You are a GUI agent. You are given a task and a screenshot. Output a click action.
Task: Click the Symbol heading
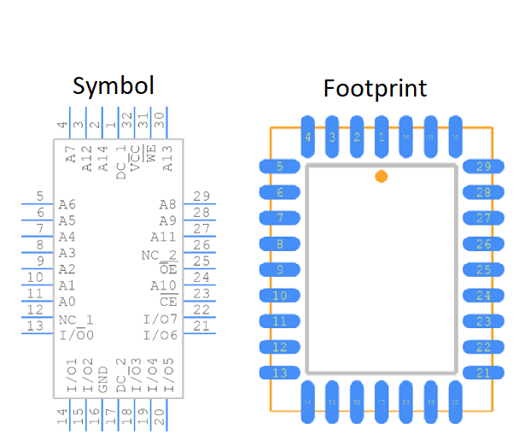click(x=114, y=85)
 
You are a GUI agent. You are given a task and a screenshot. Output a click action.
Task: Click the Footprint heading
click(x=375, y=89)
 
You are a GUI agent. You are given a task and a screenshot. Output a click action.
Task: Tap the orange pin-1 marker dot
click(x=382, y=176)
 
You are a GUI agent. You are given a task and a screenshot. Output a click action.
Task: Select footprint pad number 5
click(x=280, y=167)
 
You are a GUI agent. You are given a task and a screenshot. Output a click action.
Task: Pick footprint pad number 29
click(x=483, y=167)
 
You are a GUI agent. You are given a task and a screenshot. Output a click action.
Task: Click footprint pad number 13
click(x=280, y=373)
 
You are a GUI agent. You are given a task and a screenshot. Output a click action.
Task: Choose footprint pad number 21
click(x=483, y=373)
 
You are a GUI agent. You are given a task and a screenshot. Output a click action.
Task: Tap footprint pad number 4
click(x=308, y=137)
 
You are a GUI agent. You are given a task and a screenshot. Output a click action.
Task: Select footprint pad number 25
click(x=483, y=270)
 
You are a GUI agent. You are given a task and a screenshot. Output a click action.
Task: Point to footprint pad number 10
click(x=280, y=296)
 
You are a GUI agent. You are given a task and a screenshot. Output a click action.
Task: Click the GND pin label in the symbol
click(x=103, y=378)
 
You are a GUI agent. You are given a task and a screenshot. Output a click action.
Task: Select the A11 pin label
click(x=163, y=237)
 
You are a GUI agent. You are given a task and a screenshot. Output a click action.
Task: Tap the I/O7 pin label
click(x=160, y=319)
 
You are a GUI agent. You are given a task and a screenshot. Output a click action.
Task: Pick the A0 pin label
click(x=67, y=302)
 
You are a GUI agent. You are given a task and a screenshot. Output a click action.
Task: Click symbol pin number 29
click(x=201, y=197)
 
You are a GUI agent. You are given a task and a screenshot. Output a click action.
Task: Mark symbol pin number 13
click(x=35, y=326)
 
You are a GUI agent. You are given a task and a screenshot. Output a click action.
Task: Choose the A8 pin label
click(x=168, y=204)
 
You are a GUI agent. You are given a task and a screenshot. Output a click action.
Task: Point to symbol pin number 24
click(x=201, y=278)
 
